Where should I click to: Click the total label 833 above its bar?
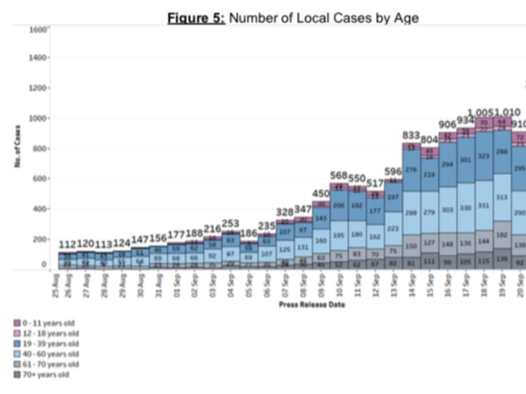[413, 135]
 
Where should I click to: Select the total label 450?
[321, 193]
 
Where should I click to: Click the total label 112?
[67, 244]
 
